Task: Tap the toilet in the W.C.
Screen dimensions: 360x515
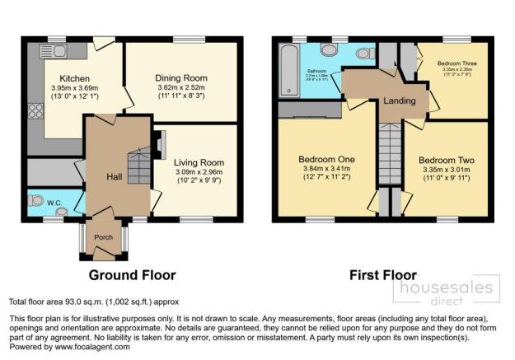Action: coord(36,200)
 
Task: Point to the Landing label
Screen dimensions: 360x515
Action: coord(399,101)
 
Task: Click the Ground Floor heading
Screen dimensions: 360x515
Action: coord(132,274)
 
